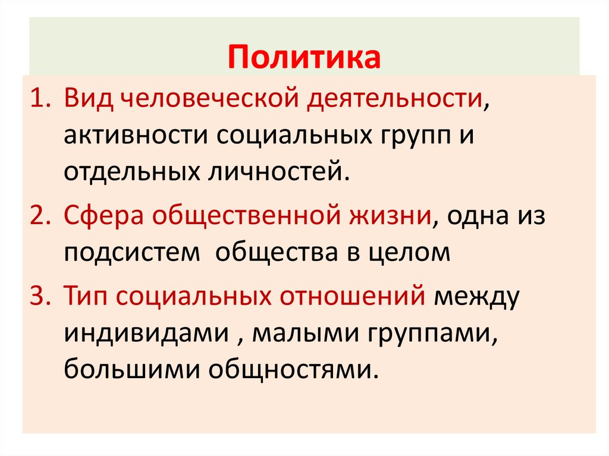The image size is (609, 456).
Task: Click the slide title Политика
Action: point(304,58)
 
